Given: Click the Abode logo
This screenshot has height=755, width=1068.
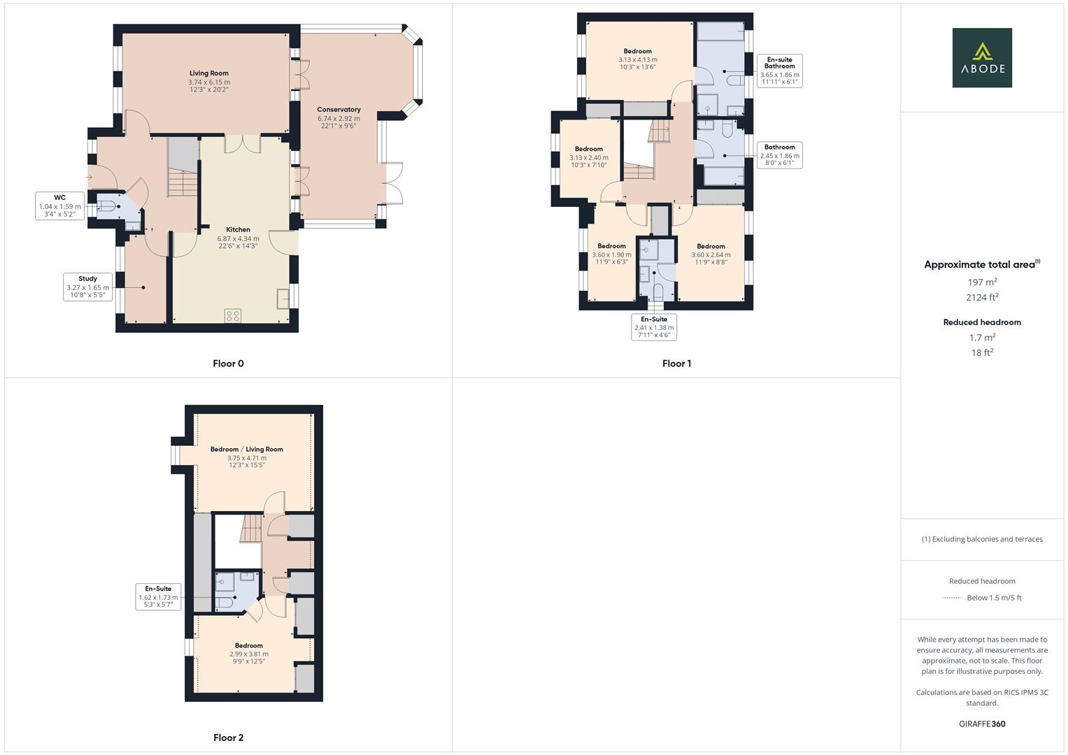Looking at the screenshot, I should [981, 57].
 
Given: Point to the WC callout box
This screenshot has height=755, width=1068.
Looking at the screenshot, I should [60, 206].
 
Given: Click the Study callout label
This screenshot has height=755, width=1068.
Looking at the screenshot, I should [87, 287].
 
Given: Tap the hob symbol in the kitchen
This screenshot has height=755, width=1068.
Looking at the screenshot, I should [233, 315].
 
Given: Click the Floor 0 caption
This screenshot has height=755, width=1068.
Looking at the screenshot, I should [228, 364].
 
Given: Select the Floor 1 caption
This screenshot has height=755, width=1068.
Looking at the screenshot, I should [676, 364].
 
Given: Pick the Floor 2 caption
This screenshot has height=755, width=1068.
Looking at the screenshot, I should [228, 738].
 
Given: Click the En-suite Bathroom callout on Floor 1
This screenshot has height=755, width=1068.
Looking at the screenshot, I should [779, 71].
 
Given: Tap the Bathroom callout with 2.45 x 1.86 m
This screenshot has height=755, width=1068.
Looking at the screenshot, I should [779, 155].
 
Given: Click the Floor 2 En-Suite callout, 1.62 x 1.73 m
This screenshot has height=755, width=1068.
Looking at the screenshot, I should [158, 596].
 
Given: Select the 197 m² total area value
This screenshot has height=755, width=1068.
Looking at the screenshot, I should [981, 282].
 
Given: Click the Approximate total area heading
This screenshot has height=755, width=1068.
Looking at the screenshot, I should [981, 264].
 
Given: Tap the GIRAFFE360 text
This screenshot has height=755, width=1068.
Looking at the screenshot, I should [981, 724].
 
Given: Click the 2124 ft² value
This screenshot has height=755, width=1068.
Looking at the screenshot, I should [981, 298].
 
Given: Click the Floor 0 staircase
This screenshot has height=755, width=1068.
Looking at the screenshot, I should [182, 184].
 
